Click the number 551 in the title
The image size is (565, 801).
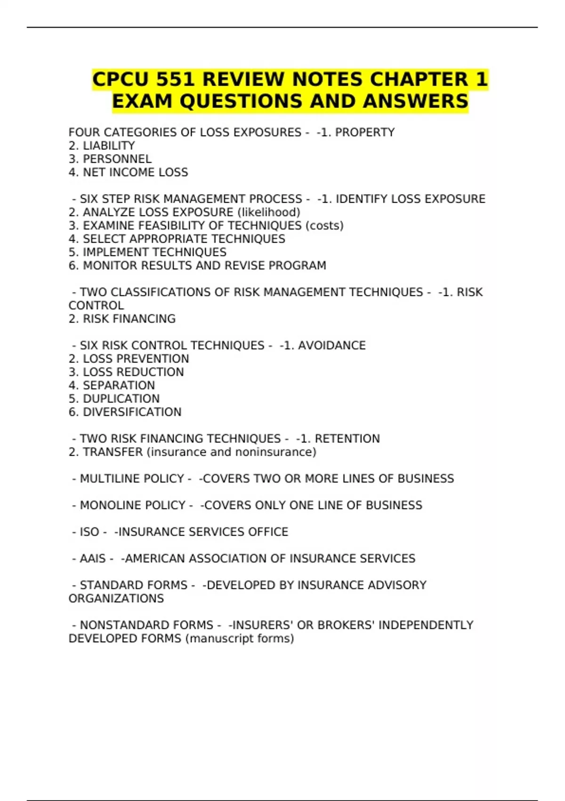point(175,80)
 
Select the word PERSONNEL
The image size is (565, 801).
point(117,159)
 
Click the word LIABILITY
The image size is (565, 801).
point(109,146)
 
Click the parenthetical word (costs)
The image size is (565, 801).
point(324,226)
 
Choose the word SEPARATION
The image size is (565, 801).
point(119,385)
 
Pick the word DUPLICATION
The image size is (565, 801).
point(121,399)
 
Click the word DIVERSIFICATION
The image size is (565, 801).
point(132,412)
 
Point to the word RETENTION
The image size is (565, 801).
point(347,439)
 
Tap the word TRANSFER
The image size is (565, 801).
point(113,452)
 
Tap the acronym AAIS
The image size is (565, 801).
point(93,559)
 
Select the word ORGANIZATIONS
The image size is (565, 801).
point(116,599)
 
